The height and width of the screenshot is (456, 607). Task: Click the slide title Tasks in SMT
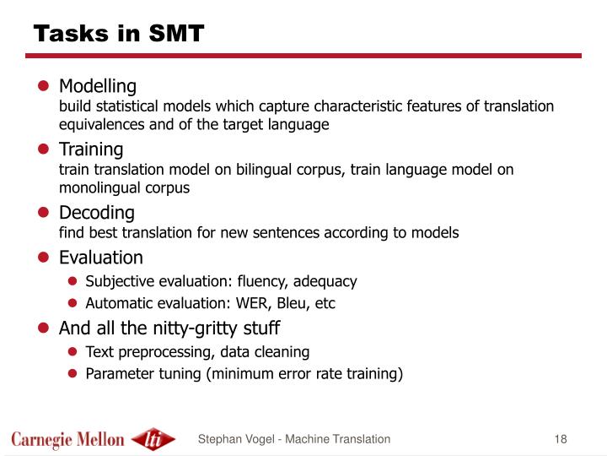coord(118,33)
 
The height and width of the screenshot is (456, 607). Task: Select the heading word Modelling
coord(97,86)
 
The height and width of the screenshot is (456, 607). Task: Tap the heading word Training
coord(91,149)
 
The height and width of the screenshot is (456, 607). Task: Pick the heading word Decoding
coord(96,212)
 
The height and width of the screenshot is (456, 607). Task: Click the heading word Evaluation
coord(100,257)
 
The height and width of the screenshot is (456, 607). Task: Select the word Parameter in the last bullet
coord(119,373)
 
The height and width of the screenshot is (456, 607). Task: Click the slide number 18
coord(561,438)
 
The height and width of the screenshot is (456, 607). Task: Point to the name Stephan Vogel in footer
coord(232,438)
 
